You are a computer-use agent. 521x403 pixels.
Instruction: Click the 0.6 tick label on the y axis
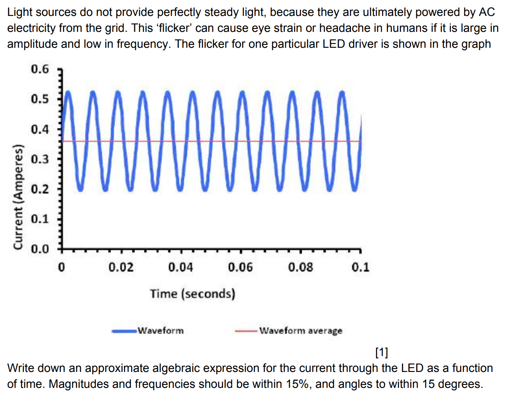(x=39, y=69)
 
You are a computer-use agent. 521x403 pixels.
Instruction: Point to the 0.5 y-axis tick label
(x=39, y=99)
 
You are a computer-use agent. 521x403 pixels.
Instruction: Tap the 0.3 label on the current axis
(x=39, y=159)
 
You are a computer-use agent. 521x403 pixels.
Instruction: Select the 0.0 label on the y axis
(x=39, y=249)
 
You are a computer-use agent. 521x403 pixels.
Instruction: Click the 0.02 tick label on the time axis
(x=121, y=267)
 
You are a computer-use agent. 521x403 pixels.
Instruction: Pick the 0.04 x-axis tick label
(x=180, y=267)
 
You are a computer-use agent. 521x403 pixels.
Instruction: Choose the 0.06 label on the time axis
(x=240, y=267)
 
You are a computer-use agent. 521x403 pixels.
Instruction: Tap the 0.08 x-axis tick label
(x=300, y=267)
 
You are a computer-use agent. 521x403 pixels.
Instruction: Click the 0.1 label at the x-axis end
(x=360, y=267)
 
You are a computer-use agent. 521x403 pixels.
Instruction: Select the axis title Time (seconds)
(x=192, y=294)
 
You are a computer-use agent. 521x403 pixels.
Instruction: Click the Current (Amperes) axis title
(x=18, y=197)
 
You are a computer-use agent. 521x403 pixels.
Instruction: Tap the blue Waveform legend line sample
(x=124, y=331)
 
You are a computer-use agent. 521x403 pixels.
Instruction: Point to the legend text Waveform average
(x=301, y=331)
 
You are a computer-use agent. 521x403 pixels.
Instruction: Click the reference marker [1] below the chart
(x=381, y=352)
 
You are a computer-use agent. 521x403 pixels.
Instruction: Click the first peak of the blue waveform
(x=68, y=92)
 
